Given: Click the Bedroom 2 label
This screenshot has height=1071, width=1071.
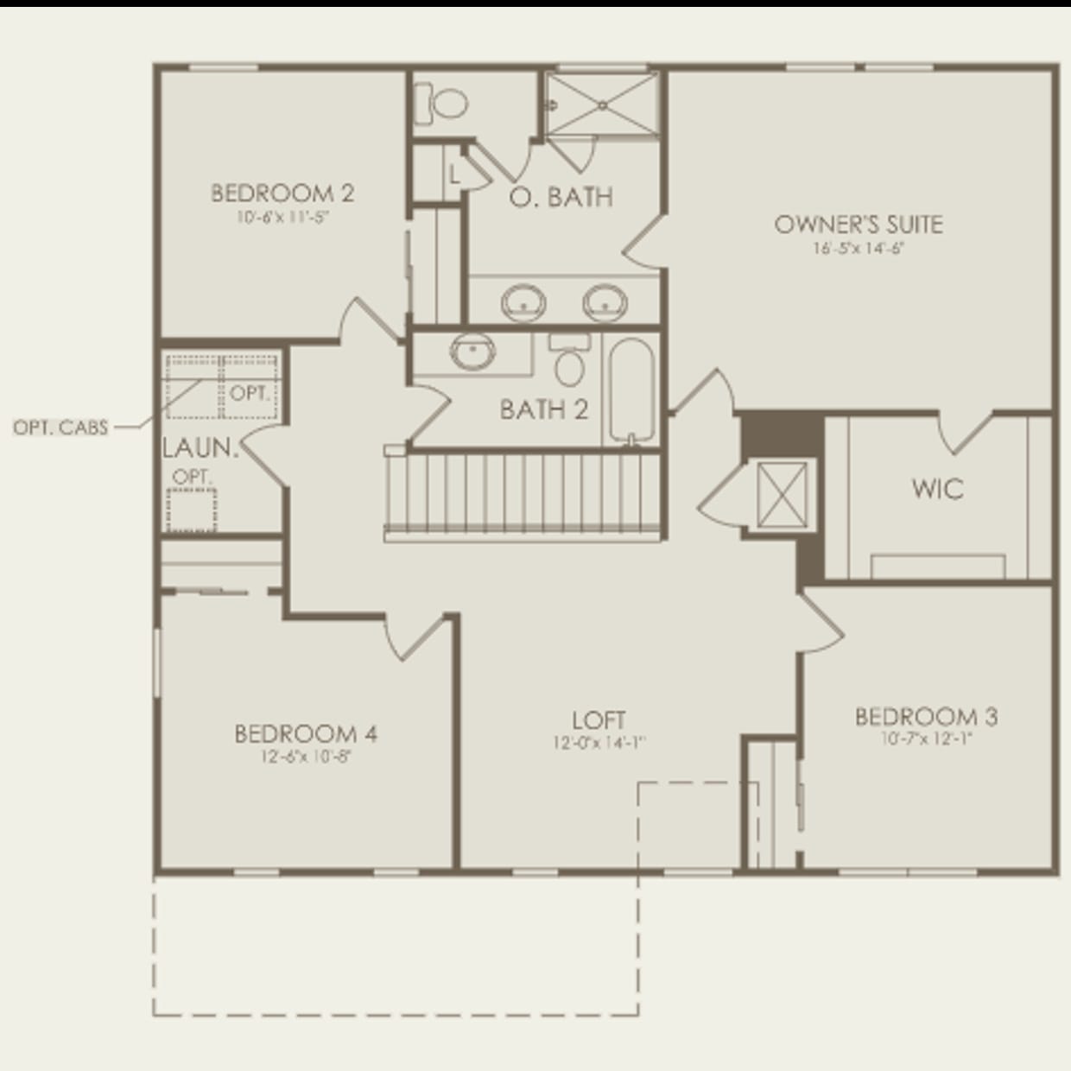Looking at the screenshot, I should (282, 193).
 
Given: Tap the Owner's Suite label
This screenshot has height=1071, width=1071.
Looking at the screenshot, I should (858, 225).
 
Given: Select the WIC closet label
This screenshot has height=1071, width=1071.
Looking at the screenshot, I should (937, 489).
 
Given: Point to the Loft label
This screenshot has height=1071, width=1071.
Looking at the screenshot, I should (599, 719).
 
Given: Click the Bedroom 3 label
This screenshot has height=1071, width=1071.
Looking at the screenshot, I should (926, 716).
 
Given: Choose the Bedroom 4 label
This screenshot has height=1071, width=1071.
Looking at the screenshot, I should (306, 734).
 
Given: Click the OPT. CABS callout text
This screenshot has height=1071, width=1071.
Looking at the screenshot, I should (60, 428).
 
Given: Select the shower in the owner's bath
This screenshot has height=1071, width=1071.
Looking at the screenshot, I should (601, 104).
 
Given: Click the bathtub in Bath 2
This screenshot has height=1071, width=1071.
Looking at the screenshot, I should (633, 390).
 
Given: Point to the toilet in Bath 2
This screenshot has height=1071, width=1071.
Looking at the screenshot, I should (569, 360).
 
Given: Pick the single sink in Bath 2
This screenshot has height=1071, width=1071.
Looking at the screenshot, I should (472, 352).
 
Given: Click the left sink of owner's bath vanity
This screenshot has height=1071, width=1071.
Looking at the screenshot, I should (523, 302).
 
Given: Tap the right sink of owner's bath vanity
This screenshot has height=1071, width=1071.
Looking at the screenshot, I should (604, 302).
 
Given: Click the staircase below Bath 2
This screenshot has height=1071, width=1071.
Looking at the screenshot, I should (524, 497).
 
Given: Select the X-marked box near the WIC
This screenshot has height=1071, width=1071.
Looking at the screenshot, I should (781, 493).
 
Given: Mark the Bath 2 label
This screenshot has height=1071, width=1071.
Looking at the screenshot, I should (543, 409).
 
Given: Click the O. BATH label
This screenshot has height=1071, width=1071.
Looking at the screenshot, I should (561, 197).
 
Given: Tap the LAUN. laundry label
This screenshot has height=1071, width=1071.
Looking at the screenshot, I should (200, 448).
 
